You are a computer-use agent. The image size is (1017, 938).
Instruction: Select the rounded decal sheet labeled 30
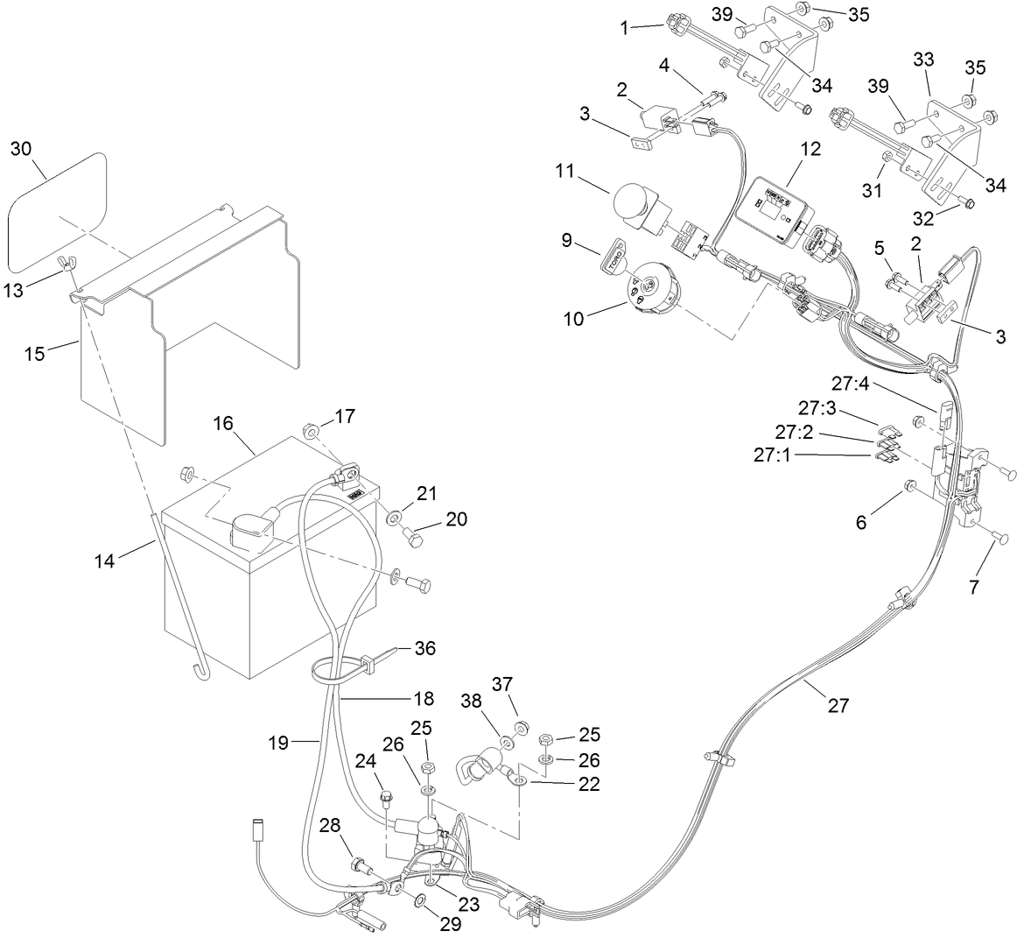click(57, 210)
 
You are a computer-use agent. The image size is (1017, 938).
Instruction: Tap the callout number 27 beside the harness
click(838, 705)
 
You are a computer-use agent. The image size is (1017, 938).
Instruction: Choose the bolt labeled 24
click(386, 799)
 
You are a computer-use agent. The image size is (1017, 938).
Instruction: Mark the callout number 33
click(924, 60)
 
